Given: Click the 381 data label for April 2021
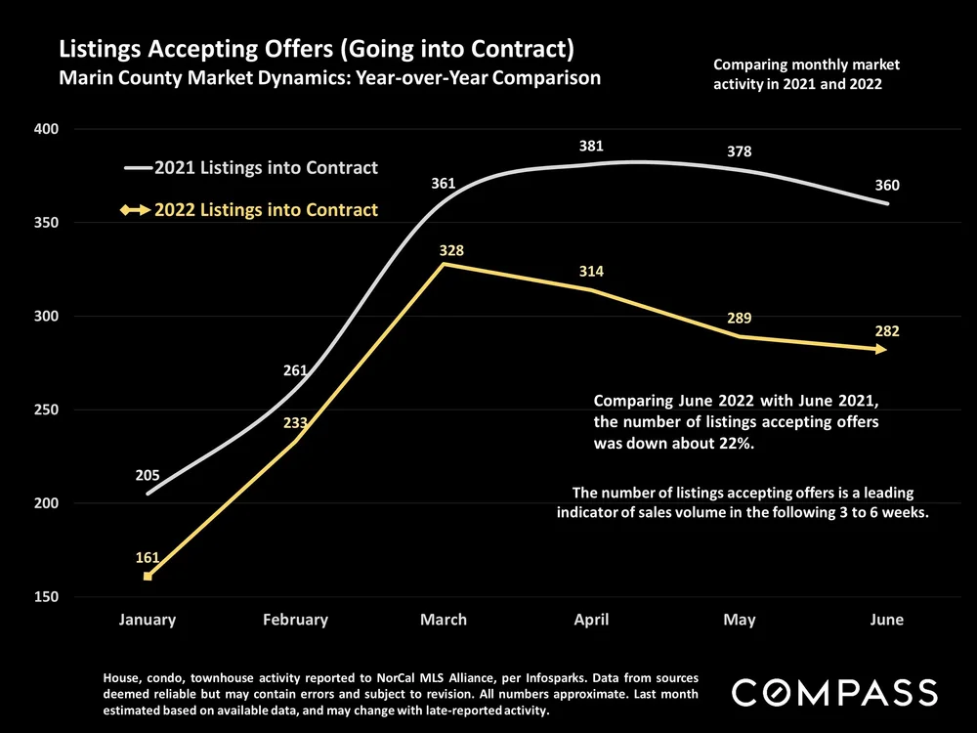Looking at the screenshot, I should tap(591, 146).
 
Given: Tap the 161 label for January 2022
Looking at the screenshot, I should tap(148, 557).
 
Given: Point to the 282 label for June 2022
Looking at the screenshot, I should tap(886, 332).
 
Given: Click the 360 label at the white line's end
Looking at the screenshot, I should tap(887, 186).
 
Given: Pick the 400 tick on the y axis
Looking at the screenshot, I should tap(48, 129).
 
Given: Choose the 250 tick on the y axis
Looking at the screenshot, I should tap(48, 410).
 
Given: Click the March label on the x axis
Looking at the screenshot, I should tap(444, 620).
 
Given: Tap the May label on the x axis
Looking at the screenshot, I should tap(740, 620).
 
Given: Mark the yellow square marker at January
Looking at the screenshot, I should tap(148, 577).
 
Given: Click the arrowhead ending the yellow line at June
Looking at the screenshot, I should tap(881, 349).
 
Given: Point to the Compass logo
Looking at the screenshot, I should tap(834, 692).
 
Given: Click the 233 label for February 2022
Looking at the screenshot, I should tap(295, 424).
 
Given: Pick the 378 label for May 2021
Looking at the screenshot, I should tap(740, 151).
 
